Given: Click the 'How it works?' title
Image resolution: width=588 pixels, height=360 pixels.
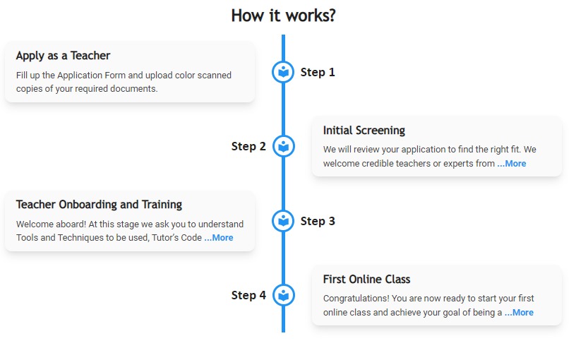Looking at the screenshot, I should (x=283, y=15).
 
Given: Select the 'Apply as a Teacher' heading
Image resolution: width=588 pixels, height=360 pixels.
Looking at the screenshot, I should (x=63, y=56).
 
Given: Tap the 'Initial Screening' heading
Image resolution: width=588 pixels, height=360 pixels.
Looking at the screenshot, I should (x=364, y=131).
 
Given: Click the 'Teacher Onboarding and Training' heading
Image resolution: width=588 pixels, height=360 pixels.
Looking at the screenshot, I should (x=99, y=205).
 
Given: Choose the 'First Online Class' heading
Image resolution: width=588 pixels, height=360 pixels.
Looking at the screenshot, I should (x=366, y=280).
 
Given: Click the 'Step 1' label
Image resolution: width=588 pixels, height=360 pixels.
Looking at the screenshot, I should (x=318, y=72).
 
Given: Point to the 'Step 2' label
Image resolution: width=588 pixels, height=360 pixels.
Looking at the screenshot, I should (x=248, y=147).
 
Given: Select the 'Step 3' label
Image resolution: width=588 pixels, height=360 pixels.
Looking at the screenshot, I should (x=318, y=221).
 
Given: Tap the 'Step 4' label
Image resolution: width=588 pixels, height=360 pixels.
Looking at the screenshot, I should (x=248, y=295).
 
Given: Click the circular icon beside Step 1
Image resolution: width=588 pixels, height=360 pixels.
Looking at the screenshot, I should (x=283, y=72).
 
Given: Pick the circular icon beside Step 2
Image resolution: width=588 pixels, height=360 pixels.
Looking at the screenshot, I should (x=283, y=147).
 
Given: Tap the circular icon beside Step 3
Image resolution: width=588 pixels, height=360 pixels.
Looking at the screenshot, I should (x=283, y=221).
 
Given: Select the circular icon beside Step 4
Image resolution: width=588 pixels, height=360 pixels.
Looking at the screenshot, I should (x=283, y=295).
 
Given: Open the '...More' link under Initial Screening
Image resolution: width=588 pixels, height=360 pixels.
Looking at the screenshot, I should (x=512, y=164).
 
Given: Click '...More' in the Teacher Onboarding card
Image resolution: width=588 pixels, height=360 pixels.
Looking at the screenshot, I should (x=219, y=238).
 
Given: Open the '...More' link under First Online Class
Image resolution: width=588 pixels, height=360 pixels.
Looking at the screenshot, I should (x=519, y=313).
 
